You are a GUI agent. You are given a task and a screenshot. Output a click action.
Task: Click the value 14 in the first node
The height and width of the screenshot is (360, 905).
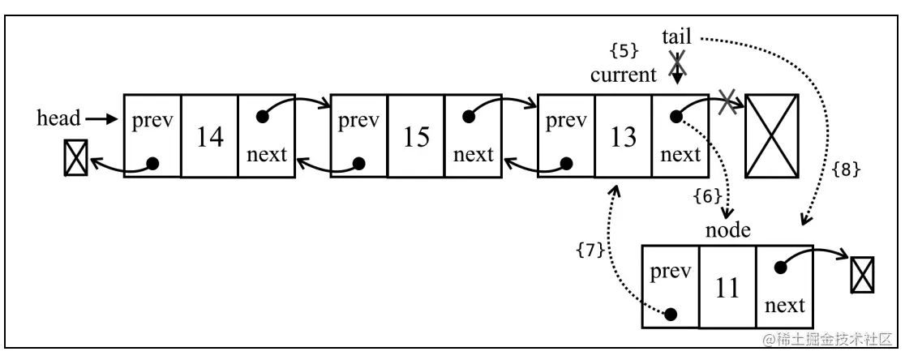coord(209,137)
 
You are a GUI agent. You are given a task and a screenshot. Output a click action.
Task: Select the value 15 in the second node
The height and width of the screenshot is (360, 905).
coord(416,137)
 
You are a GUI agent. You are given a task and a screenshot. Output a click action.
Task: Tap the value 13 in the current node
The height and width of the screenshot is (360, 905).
coord(623,137)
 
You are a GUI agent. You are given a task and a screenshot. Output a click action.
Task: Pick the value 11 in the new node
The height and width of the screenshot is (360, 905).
coord(727,288)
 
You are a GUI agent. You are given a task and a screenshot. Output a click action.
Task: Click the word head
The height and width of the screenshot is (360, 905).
coord(59,118)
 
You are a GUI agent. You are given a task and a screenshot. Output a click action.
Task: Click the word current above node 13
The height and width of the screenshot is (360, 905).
coord(623,76)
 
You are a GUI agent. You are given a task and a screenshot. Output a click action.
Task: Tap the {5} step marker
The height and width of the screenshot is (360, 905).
coord(624,50)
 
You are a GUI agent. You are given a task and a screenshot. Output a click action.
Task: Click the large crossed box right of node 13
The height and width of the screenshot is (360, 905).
coord(771,135)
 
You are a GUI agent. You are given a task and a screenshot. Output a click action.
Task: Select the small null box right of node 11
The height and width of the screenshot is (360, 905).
coord(862,275)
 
